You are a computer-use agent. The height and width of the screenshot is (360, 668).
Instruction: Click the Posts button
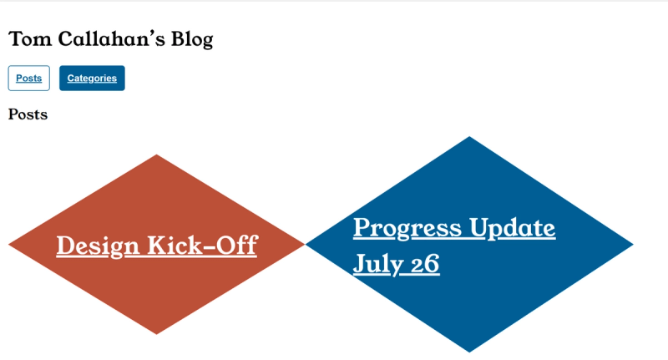coord(29,78)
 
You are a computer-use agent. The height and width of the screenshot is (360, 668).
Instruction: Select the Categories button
coord(92,78)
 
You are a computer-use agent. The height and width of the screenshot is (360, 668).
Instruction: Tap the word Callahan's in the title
coord(111,38)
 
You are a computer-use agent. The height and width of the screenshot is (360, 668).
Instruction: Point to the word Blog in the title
coord(192,39)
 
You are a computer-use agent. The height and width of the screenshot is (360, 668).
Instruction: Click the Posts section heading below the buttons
coord(28,114)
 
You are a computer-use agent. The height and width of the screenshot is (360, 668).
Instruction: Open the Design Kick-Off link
coord(157,246)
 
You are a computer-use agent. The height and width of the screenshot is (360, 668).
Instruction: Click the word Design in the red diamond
coord(98,246)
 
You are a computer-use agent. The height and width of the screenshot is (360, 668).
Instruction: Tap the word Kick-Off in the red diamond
coord(202,246)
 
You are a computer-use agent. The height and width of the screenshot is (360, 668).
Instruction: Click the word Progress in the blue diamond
coord(407,228)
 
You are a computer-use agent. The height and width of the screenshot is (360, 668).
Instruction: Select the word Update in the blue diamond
coord(513,228)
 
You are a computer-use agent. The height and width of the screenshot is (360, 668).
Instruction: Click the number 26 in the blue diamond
coord(425,264)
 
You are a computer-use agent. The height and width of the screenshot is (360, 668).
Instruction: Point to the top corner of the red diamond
coord(156,155)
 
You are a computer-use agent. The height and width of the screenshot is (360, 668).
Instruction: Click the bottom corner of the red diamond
coord(156,334)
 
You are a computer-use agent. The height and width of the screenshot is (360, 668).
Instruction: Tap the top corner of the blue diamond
coord(469,137)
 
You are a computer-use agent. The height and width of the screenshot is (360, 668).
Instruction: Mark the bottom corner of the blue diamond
coord(469,352)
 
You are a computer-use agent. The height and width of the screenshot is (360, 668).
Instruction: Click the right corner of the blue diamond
coord(634,245)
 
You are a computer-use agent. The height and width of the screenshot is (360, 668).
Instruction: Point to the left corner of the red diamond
coord(9,245)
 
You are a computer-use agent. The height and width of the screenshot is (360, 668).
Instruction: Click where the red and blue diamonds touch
coord(305,245)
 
